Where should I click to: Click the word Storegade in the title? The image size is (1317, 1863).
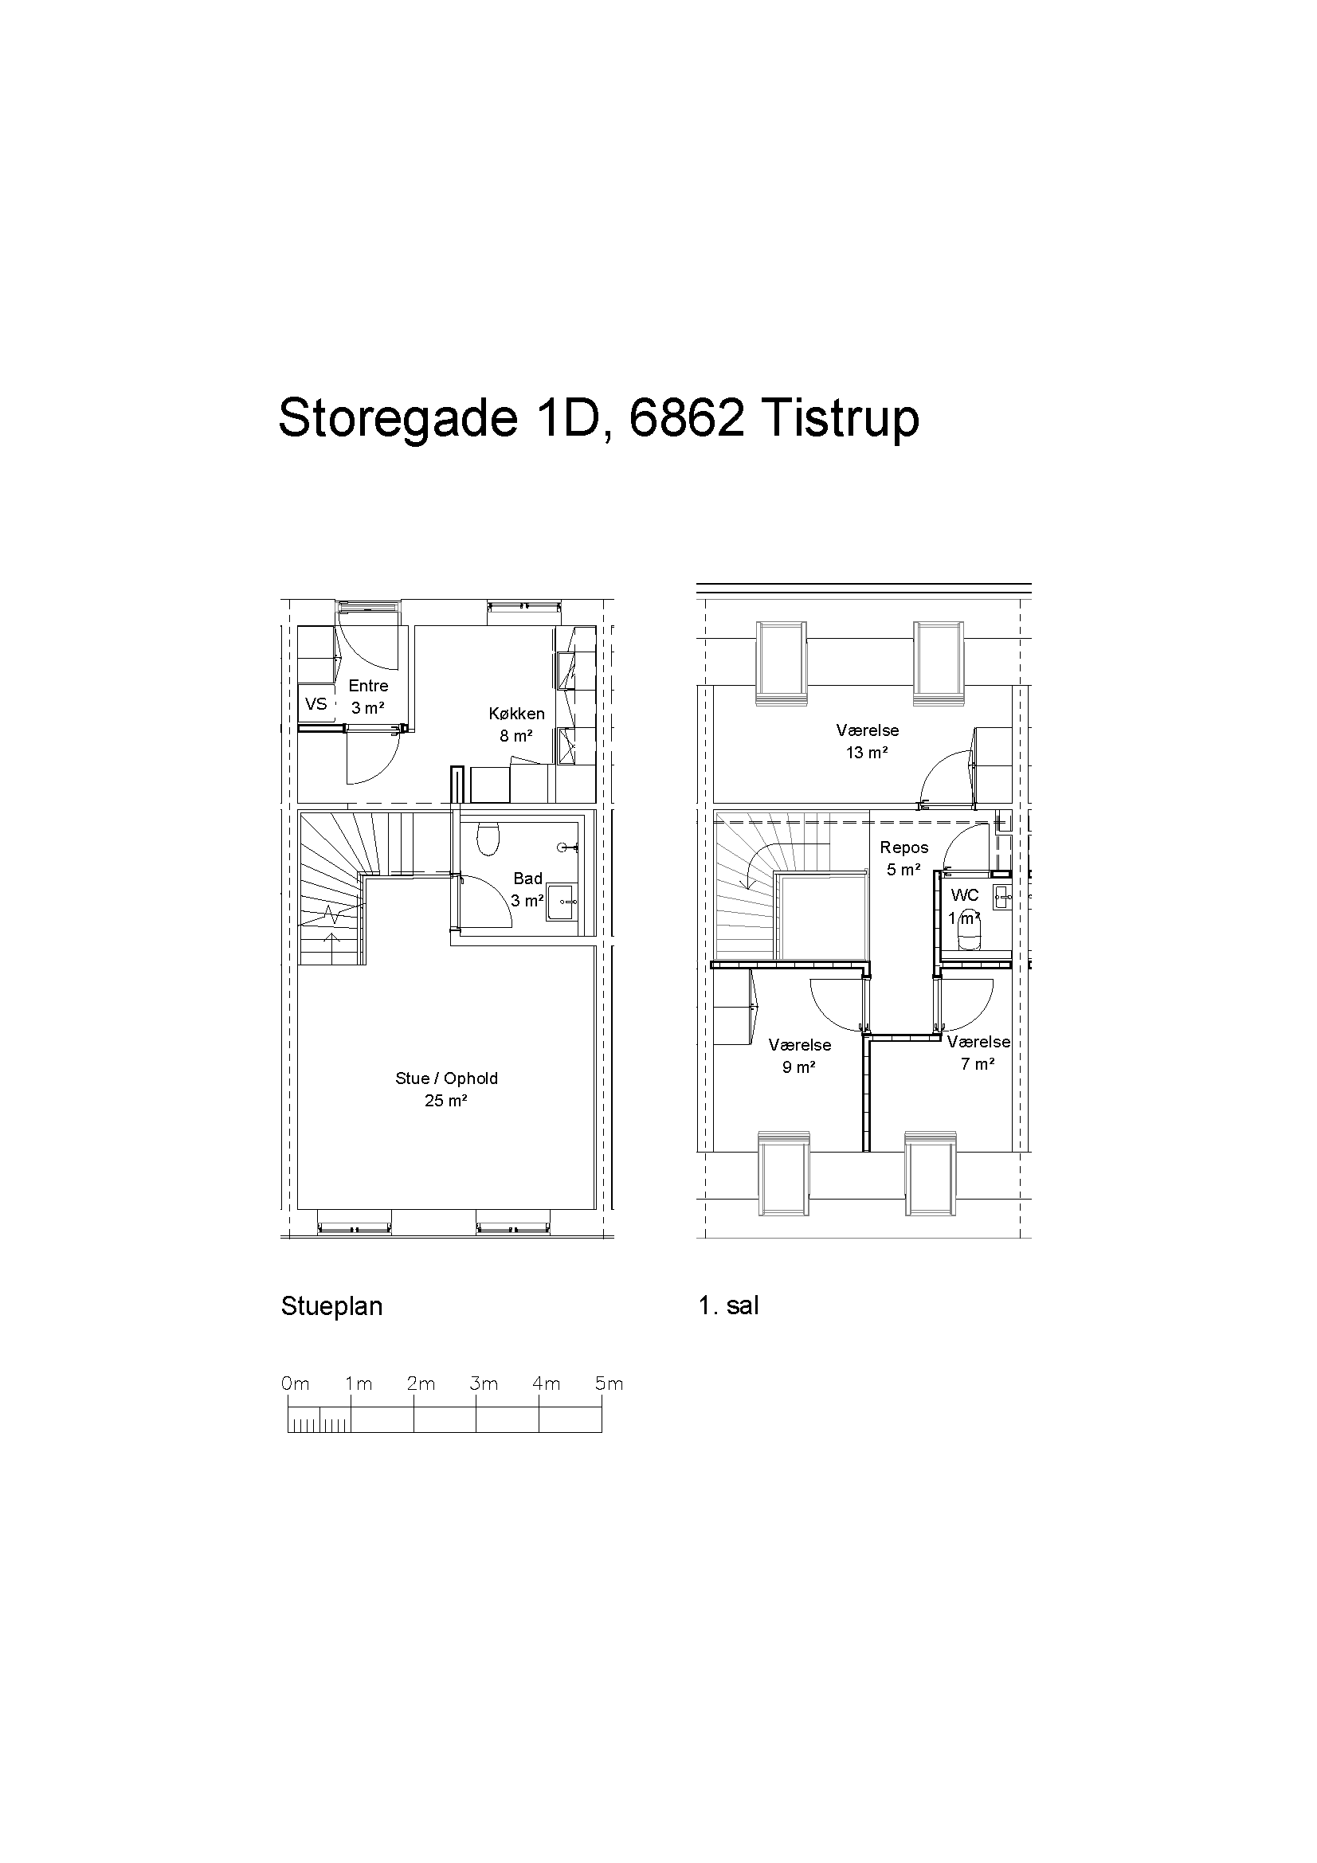(398, 420)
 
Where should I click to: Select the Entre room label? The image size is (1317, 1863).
(368, 686)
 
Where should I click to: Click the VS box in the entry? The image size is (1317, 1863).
(316, 703)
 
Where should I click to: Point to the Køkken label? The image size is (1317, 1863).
(517, 714)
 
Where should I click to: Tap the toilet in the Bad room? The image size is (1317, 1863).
(488, 840)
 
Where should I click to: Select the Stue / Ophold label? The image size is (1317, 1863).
(446, 1078)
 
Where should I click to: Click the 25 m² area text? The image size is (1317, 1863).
(446, 1101)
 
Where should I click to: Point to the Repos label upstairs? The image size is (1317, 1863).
(904, 848)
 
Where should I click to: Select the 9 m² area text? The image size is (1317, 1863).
(799, 1068)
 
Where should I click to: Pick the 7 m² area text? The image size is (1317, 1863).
(978, 1065)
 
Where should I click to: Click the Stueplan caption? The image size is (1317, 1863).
(332, 1306)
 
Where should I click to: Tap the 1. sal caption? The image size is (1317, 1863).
(729, 1305)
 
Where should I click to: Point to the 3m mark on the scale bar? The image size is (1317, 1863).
(484, 1384)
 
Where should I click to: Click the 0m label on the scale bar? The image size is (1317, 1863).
(296, 1384)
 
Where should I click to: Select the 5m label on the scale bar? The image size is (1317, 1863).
(610, 1384)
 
